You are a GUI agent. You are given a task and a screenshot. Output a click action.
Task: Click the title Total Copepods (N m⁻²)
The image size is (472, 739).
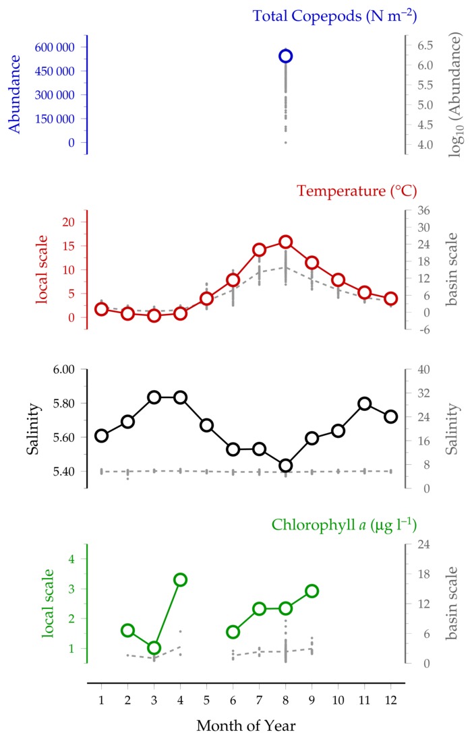(335, 16)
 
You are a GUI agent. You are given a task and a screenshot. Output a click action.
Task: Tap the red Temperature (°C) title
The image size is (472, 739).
(357, 191)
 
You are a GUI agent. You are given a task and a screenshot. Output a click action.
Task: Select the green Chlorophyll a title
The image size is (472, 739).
(344, 525)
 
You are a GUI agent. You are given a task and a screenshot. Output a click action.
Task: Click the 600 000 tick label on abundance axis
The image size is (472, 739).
(55, 47)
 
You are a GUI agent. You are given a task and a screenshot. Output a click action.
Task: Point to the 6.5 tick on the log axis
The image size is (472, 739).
(425, 45)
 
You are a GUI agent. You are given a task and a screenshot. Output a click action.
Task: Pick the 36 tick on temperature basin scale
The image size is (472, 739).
(423, 210)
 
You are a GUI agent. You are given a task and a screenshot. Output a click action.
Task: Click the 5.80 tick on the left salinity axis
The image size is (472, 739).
(63, 404)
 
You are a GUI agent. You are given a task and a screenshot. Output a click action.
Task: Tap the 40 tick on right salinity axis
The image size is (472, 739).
(423, 369)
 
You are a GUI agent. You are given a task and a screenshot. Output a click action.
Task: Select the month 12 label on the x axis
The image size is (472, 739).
(390, 700)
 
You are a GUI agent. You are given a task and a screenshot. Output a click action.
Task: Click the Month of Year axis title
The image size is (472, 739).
(245, 726)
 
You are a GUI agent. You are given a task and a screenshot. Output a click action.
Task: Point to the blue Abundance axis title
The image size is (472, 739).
(15, 94)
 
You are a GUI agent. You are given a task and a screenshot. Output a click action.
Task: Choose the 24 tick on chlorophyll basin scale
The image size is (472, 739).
(423, 544)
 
